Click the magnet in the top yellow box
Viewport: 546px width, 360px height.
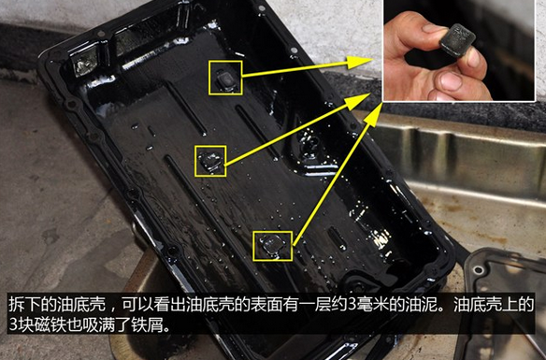pyautogui.click(x=225, y=79)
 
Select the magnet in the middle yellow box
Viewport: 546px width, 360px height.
pyautogui.click(x=210, y=161)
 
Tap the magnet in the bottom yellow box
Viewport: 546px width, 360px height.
pyautogui.click(x=272, y=245)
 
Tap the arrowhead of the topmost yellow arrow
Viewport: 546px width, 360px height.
pyautogui.click(x=360, y=62)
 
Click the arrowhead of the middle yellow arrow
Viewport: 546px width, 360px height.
pyautogui.click(x=358, y=101)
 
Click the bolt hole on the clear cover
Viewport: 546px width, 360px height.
pyautogui.click(x=479, y=270)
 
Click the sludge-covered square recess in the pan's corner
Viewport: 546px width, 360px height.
pyautogui.click(x=83, y=62)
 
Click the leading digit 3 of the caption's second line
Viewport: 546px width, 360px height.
pyautogui.click(x=13, y=324)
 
